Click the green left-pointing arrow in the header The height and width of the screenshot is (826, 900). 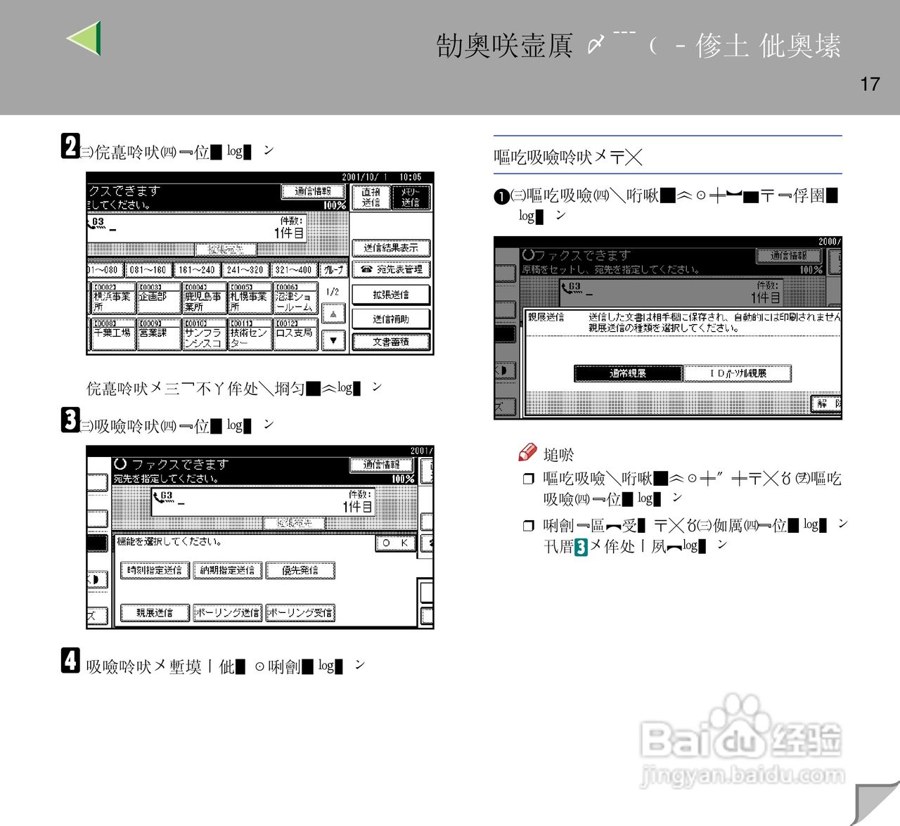click(86, 39)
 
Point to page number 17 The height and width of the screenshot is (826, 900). click(870, 84)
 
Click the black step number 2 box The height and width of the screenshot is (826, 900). click(70, 146)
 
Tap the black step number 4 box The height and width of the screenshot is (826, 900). click(70, 661)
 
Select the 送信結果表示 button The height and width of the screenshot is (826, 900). click(391, 247)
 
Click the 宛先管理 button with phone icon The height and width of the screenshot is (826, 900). click(391, 269)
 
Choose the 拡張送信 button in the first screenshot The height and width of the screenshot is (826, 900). click(391, 295)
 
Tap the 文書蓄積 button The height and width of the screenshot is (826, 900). click(391, 342)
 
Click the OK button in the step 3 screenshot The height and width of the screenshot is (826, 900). click(396, 543)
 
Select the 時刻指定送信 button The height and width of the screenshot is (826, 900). click(155, 570)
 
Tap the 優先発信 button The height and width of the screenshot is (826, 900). click(300, 570)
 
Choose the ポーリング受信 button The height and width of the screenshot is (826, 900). click(300, 613)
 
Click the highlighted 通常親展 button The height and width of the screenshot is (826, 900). click(628, 373)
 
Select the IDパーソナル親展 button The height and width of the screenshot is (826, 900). click(738, 373)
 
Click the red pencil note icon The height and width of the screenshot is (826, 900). click(527, 453)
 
